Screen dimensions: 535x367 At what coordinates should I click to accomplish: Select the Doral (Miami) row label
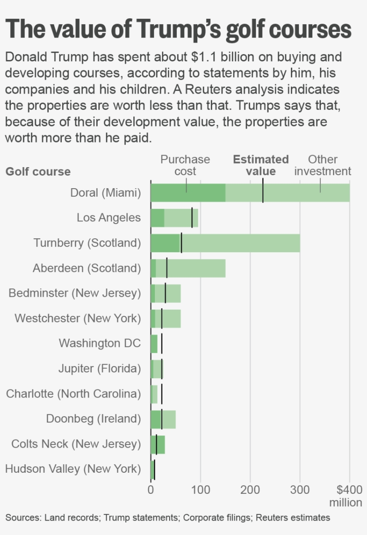106,193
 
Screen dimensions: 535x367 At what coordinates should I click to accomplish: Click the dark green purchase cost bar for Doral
188,193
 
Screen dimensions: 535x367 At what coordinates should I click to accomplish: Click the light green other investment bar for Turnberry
242,243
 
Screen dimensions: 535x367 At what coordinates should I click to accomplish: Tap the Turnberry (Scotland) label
87,243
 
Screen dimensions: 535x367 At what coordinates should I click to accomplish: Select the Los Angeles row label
109,218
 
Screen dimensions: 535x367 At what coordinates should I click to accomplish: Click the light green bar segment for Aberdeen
197,268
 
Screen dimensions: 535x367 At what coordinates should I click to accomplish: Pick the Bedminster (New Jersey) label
75,293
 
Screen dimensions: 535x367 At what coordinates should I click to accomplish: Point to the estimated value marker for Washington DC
162,343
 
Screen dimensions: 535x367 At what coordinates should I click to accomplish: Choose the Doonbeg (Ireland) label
93,419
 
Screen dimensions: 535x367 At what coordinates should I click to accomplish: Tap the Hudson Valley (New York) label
73,469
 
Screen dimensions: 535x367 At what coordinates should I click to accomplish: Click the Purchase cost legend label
185,165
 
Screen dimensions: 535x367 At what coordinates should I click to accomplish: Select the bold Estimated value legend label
261,165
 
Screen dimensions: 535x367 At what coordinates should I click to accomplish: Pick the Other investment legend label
323,165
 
